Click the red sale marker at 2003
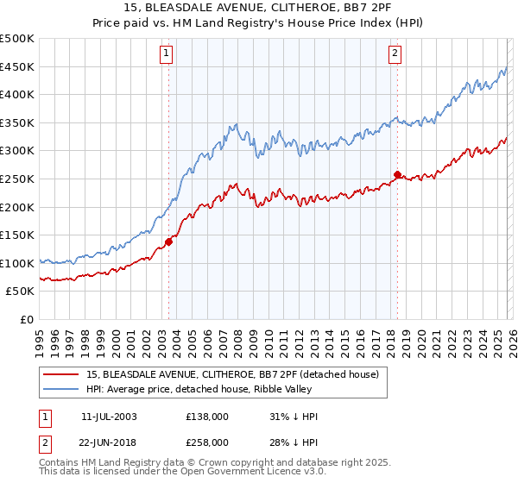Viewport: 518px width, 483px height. [x=169, y=241]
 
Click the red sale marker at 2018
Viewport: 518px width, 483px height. [x=397, y=174]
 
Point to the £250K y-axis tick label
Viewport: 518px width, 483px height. [x=17, y=179]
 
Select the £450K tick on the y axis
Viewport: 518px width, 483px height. [x=17, y=66]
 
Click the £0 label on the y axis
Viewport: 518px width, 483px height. [x=28, y=319]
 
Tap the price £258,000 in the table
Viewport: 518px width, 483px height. [x=206, y=442]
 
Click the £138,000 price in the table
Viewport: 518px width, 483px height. [x=206, y=417]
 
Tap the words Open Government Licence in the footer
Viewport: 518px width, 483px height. [x=218, y=473]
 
